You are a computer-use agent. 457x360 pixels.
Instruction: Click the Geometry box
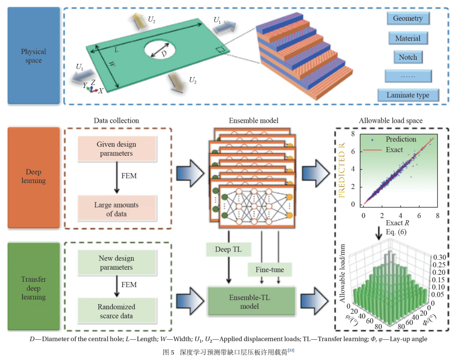pyautogui.click(x=408, y=18)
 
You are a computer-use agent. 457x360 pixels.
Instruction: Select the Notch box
pyautogui.click(x=408, y=57)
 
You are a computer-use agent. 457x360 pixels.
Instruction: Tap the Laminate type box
pyautogui.click(x=408, y=95)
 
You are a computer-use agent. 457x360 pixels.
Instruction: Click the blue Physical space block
pyautogui.click(x=33, y=56)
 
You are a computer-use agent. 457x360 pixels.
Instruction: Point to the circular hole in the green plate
pyautogui.click(x=160, y=49)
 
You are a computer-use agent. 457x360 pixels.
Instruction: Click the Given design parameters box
pyautogui.click(x=117, y=149)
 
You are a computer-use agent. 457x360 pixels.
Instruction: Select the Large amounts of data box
pyautogui.click(x=117, y=209)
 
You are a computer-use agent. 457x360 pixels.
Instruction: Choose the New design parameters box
pyautogui.click(x=117, y=263)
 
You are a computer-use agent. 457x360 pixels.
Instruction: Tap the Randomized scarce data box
pyautogui.click(x=117, y=311)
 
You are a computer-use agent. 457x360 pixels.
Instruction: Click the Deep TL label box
pyautogui.click(x=228, y=249)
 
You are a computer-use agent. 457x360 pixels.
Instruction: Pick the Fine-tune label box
pyautogui.click(x=270, y=269)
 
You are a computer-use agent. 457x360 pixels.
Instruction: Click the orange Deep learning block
pyautogui.click(x=33, y=177)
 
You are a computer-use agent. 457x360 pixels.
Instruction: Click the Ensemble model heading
pyautogui.click(x=253, y=120)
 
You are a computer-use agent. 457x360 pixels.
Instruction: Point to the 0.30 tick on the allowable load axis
pyautogui.click(x=440, y=258)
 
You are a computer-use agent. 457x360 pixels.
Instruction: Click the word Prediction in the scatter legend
pyautogui.click(x=401, y=139)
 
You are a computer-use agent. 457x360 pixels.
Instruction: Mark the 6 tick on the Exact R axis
pyautogui.click(x=419, y=216)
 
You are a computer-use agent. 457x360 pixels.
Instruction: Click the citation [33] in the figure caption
pyautogui.click(x=291, y=350)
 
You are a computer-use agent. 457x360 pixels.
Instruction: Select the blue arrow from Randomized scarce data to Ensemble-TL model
pyautogui.click(x=190, y=301)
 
